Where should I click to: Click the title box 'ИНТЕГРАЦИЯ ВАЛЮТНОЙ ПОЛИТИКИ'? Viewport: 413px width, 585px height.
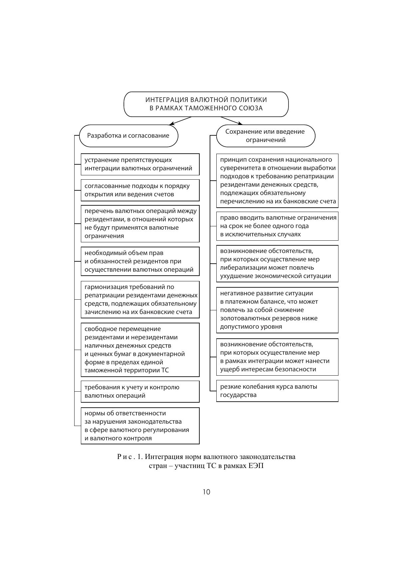click(206, 104)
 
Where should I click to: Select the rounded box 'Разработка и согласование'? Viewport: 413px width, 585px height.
click(128, 136)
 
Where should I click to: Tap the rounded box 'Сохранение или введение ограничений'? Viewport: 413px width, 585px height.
click(265, 136)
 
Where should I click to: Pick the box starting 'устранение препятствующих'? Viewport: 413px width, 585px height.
click(140, 164)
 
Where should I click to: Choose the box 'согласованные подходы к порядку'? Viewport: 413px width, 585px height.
click(140, 190)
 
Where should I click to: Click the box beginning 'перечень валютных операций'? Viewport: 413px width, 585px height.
click(140, 223)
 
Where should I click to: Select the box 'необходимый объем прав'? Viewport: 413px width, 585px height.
click(140, 261)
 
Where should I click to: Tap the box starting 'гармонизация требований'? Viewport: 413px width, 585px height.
click(140, 299)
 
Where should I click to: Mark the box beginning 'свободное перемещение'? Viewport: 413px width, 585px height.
click(140, 349)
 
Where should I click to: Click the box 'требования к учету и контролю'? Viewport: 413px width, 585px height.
click(140, 391)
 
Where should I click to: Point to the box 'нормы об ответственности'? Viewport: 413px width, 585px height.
click(140, 425)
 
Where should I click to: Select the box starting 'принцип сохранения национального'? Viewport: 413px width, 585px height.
click(277, 180)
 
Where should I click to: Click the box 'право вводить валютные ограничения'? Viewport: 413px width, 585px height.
click(277, 226)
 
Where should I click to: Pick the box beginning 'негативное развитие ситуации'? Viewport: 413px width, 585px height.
click(277, 310)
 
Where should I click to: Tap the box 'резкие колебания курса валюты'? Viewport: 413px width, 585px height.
click(277, 391)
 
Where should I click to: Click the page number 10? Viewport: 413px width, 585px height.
click(206, 492)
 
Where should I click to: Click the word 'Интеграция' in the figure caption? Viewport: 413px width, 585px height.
click(161, 457)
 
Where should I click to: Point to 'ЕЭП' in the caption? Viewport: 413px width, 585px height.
click(256, 466)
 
